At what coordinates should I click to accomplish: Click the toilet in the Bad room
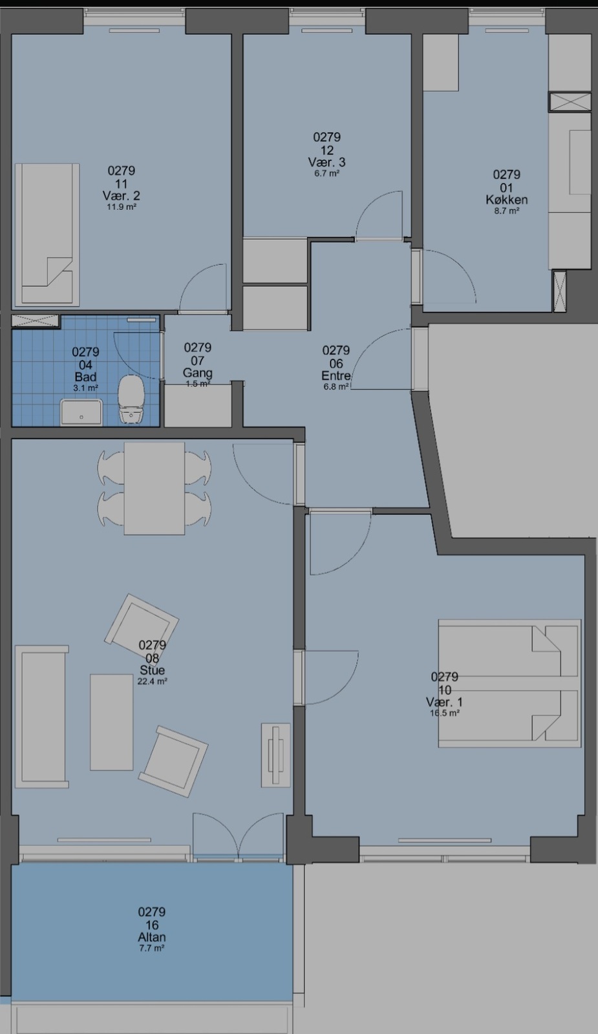[x=132, y=400]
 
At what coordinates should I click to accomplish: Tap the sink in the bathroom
[x=81, y=412]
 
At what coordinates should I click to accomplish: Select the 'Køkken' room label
[x=507, y=200]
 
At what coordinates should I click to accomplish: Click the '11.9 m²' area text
[x=122, y=207]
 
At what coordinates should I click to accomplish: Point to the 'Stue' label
[x=153, y=670]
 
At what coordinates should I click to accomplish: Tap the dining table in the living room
[x=155, y=489]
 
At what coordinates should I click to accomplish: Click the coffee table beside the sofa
[x=112, y=722]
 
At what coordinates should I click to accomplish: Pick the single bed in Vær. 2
[x=47, y=235]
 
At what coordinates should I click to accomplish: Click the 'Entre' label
[x=336, y=376]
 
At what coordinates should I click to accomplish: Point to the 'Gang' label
[x=198, y=372]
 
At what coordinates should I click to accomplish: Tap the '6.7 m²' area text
[x=326, y=173]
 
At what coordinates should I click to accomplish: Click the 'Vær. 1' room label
[x=444, y=702]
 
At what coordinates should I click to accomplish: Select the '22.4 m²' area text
[x=153, y=681]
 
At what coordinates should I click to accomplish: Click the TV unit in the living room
[x=276, y=755]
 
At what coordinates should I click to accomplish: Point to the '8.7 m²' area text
[x=507, y=211]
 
